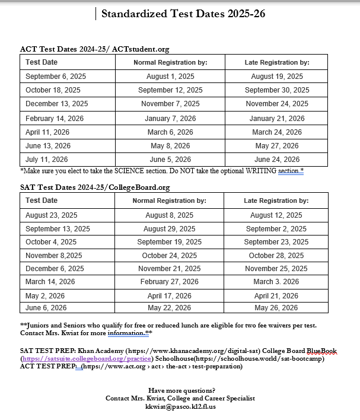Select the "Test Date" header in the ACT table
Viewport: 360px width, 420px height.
(x=42, y=62)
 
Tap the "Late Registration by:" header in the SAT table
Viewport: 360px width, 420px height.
(x=276, y=201)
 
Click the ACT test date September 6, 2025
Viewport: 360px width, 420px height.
(x=51, y=77)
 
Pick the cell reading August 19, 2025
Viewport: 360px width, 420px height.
(x=277, y=77)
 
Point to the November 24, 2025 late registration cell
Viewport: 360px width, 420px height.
(x=277, y=104)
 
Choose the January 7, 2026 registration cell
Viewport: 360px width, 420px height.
(x=170, y=119)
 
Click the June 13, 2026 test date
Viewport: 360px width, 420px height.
(x=48, y=146)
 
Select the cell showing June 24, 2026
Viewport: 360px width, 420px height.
(x=277, y=160)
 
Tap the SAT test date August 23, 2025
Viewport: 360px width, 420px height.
(x=52, y=215)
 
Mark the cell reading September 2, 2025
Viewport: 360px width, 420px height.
(x=276, y=229)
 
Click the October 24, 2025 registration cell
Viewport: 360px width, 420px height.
(x=170, y=256)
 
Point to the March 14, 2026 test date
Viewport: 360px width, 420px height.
(x=50, y=282)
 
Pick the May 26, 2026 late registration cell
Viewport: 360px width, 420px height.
(x=276, y=308)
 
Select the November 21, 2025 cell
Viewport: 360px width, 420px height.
(x=170, y=269)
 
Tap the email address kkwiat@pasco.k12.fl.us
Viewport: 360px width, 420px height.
(x=181, y=407)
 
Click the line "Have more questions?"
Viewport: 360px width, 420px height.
(x=181, y=390)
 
